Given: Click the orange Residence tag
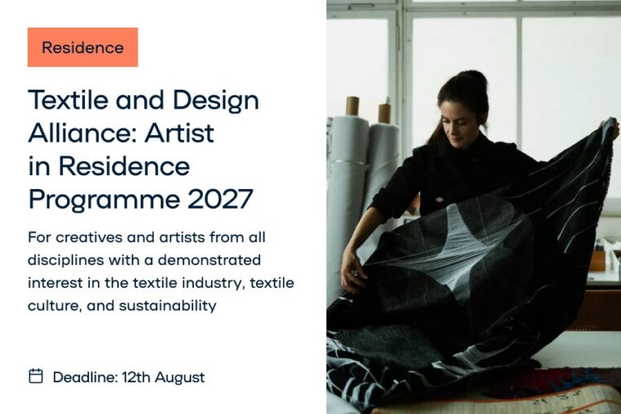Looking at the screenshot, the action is pos(83,47).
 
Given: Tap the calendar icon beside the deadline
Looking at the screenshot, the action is pos(36,376).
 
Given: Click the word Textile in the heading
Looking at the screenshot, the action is pos(68,99).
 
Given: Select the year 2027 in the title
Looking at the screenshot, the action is pos(220,199).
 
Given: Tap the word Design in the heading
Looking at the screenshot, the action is pos(216,101).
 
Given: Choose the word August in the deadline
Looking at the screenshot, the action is pos(180,377).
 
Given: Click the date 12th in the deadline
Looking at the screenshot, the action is pos(136,377).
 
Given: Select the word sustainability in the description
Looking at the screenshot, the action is pos(168,306).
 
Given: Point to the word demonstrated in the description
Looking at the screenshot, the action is pos(209,260).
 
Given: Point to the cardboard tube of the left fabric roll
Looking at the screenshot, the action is pos(352,106).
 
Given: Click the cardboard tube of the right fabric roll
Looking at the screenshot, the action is pos(384,114).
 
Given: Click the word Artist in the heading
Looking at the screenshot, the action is pos(179,133).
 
